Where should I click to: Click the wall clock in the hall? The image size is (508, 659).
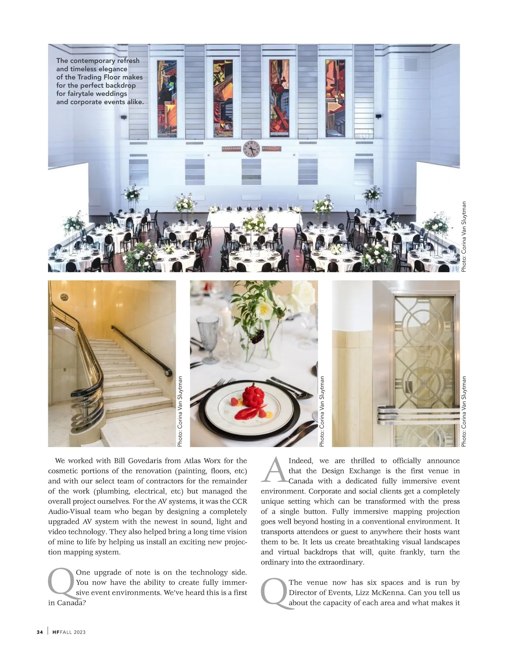(x=251, y=149)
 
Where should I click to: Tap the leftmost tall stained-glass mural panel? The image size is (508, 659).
(x=167, y=99)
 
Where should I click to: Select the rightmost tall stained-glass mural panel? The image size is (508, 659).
(x=335, y=99)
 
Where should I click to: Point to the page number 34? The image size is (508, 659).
(x=40, y=632)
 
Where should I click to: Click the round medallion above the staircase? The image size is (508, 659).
(x=64, y=297)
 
